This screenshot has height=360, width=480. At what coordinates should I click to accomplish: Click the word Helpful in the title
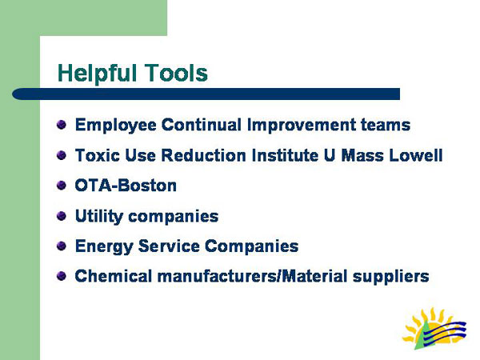coord(97,74)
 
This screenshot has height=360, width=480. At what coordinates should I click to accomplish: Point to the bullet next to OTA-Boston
coord(62,185)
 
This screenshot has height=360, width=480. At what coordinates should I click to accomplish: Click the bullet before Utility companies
coord(62,215)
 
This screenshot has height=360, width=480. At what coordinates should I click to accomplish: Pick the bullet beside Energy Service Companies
coord(62,246)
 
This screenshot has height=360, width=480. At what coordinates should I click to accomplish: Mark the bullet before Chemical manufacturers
coord(62,276)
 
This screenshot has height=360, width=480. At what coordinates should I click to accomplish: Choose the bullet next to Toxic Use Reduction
coord(62,154)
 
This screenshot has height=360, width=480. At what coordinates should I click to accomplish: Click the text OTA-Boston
coord(126,186)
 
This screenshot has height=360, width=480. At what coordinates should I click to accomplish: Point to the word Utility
coord(98,216)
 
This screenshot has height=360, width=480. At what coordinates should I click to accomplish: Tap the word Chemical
coord(110,277)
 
